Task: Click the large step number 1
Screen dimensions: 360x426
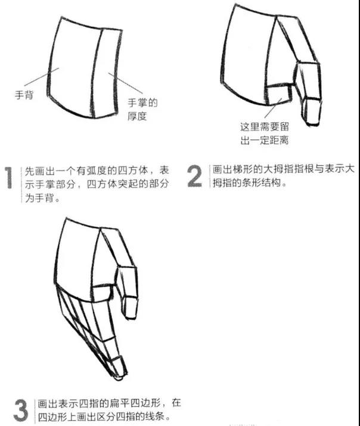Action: [x=9, y=178]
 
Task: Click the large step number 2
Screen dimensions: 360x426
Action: [x=194, y=176]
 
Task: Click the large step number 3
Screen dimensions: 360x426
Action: [x=21, y=410]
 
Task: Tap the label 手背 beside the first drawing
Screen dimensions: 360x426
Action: [x=24, y=95]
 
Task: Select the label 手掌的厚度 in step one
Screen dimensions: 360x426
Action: [x=142, y=110]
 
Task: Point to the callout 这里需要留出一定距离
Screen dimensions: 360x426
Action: [x=265, y=133]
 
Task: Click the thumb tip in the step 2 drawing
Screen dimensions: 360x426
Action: [x=312, y=123]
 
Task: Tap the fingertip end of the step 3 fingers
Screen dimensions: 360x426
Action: [x=120, y=377]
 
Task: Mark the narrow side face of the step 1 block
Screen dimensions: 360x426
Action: [x=106, y=73]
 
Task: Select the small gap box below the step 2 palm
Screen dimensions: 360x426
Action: [x=277, y=95]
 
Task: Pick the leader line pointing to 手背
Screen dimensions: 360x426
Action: [x=42, y=77]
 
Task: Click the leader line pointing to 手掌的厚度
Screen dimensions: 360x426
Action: [x=126, y=83]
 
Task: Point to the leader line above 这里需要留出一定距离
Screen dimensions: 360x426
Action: [x=273, y=108]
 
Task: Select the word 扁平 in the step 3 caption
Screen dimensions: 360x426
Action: [x=120, y=403]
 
